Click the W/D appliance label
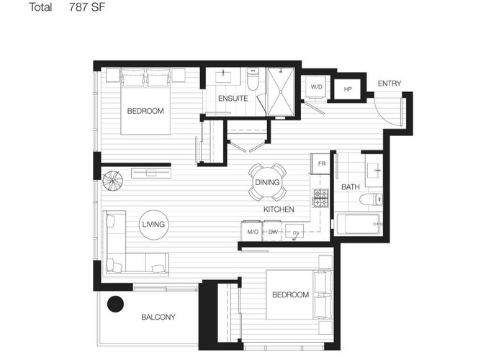316,87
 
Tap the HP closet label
348,89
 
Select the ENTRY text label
390,84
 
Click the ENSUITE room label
233,99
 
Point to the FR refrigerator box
320,164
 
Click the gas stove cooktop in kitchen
321,198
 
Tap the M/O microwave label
253,232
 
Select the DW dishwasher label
273,232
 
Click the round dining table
267,182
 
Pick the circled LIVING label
153,225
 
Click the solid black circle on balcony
115,304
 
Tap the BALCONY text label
158,318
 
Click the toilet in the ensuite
253,79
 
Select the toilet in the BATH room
371,199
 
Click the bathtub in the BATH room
359,224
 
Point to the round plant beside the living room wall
112,180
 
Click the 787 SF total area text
87,6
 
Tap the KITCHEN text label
279,210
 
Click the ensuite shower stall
281,91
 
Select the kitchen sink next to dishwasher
294,232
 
